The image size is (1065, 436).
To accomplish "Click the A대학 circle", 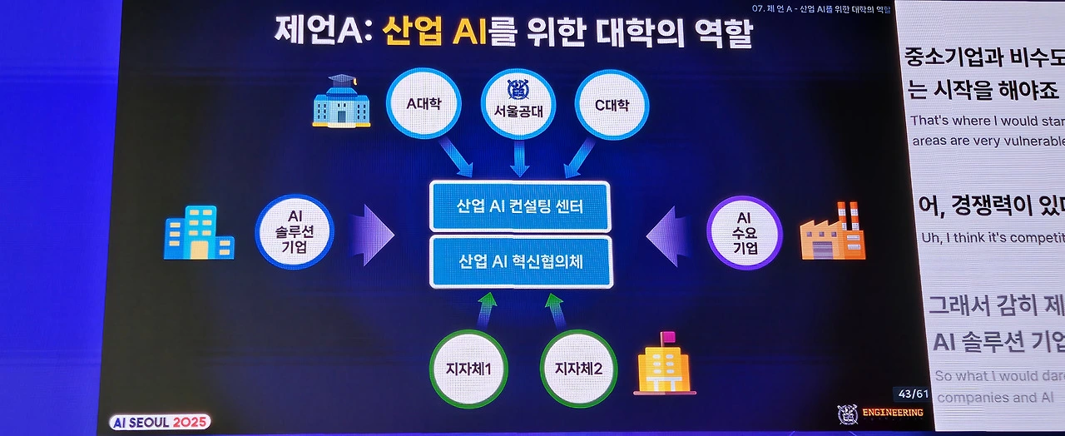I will coord(423,105).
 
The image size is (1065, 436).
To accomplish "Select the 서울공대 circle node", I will coord(518,105).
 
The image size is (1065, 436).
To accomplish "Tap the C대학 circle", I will coord(612,105).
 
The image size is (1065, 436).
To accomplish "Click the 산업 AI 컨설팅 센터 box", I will coord(519,206).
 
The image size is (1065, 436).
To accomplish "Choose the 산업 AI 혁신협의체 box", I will coord(521,261).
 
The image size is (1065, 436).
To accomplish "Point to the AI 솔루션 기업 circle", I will coord(295,231).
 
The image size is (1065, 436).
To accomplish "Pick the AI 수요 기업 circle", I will coord(744,231).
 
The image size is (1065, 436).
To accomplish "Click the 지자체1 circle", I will coord(467,367).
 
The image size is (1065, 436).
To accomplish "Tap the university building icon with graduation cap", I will coord(340,102).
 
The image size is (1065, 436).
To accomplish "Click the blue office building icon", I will coord(198,232).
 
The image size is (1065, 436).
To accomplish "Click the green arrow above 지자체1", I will coord(487,308).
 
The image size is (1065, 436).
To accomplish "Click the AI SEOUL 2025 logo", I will coord(160,422).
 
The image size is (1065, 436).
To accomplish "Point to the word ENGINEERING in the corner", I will coord(893,413).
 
